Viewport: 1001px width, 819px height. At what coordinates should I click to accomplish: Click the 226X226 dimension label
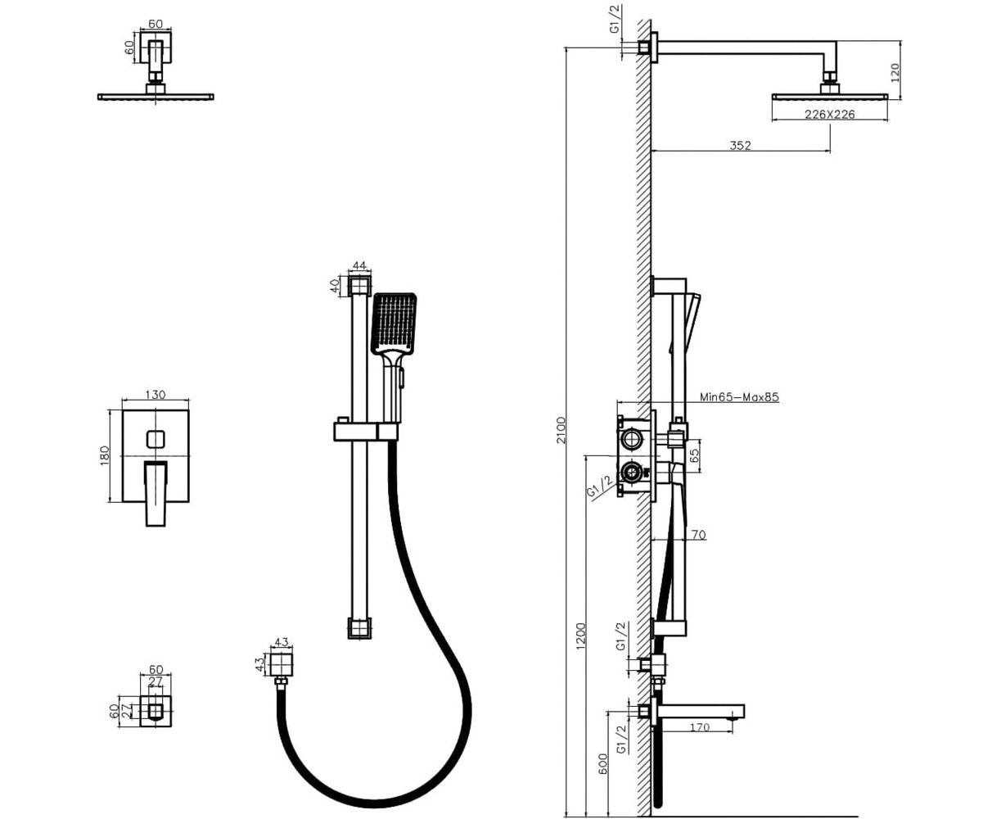[829, 114]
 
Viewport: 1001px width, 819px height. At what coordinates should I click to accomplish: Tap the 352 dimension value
[740, 145]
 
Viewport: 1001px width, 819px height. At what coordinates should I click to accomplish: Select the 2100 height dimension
[561, 431]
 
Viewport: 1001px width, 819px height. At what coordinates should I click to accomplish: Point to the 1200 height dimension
[580, 636]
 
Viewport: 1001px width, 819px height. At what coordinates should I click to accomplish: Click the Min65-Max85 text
[739, 397]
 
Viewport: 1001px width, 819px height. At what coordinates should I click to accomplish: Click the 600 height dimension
[604, 765]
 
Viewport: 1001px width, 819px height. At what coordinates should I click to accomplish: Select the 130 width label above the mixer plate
[155, 395]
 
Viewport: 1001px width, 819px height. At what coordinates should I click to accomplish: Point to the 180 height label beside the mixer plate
[105, 456]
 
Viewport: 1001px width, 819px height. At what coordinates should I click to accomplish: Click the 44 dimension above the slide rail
[358, 265]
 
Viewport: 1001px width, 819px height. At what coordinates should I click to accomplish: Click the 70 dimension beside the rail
[697, 536]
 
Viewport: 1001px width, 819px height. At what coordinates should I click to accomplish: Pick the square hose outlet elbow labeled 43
[281, 664]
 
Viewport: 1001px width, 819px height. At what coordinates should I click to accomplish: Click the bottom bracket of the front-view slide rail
[358, 629]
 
